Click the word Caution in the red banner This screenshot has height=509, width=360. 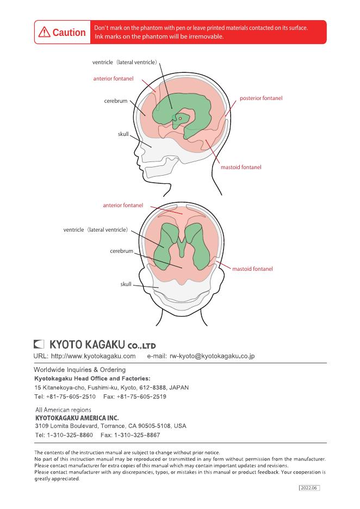(69, 33)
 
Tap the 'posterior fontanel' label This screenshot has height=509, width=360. (261, 98)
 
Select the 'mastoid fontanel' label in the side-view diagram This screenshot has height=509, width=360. (241, 167)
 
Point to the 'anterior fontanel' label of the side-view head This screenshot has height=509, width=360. (113, 79)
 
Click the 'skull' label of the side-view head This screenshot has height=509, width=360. (123, 134)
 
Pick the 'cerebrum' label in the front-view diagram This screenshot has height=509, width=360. (121, 251)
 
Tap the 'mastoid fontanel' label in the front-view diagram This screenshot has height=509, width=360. (252, 269)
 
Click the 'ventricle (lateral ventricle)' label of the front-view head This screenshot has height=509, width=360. (96, 230)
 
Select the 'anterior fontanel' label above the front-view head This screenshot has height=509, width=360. (123, 206)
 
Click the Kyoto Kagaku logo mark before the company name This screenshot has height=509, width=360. (39, 344)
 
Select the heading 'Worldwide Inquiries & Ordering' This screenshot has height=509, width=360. (79, 370)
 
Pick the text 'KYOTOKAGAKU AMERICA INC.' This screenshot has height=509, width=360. (77, 418)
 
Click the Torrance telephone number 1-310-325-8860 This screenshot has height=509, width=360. (70, 436)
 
